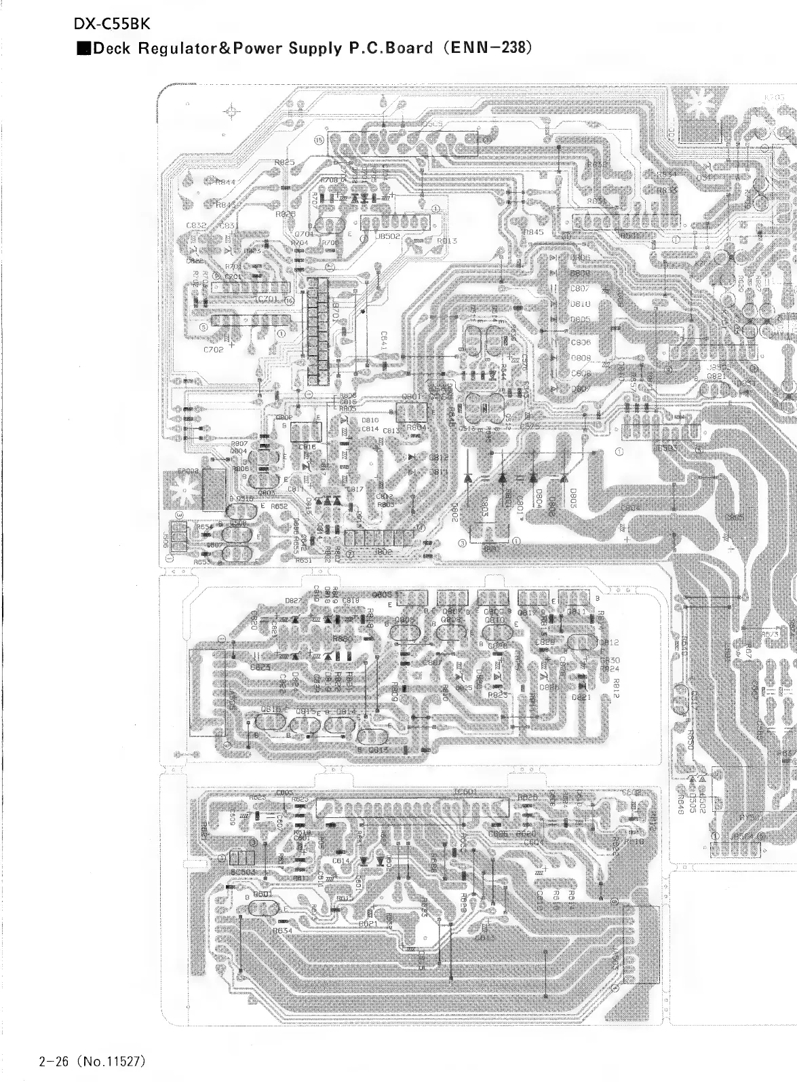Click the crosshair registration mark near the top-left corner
231,111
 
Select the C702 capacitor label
214,350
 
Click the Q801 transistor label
411,397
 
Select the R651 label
303,561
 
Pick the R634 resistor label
283,931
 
